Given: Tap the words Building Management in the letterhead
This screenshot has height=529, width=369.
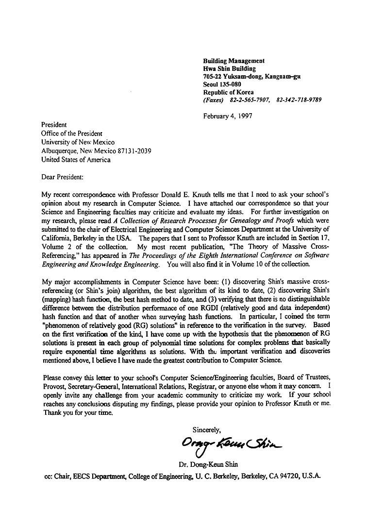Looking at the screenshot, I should (234, 61).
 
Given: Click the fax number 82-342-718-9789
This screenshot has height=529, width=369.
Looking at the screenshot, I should (299, 100).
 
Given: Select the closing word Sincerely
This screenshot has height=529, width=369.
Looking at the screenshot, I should (207, 429).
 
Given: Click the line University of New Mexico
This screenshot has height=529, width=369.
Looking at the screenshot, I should (78, 142).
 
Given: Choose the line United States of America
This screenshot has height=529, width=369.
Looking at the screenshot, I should (76, 159).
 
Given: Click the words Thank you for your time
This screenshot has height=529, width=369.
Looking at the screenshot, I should (78, 413).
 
